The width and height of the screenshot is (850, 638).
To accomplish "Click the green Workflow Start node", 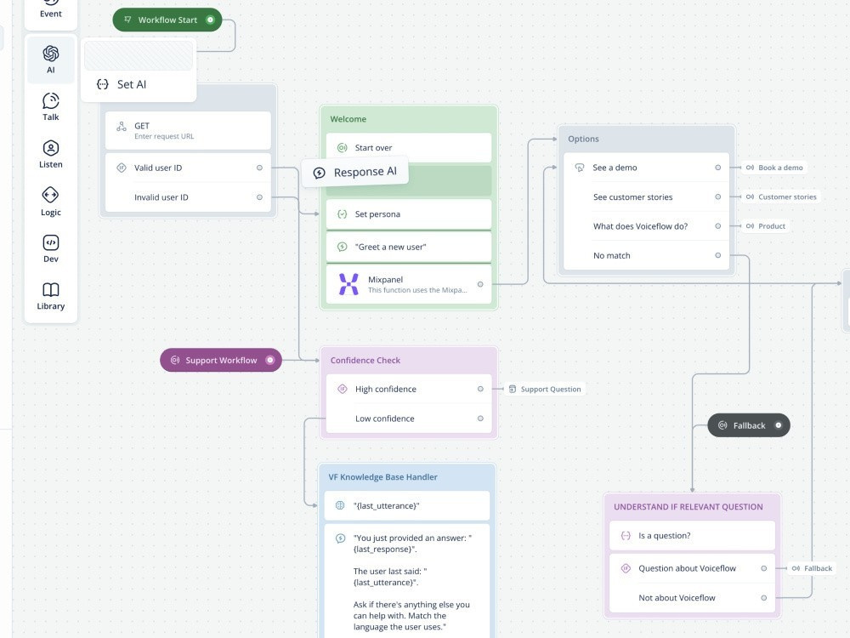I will point(167,20).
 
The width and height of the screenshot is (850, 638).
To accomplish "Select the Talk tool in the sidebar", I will point(51,107).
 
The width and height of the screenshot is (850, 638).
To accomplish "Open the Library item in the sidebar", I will point(51,296).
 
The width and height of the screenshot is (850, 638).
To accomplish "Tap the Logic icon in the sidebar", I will point(51,202).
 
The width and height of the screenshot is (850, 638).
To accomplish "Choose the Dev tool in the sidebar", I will point(51,248).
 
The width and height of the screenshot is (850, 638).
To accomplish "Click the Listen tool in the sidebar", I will point(51,154).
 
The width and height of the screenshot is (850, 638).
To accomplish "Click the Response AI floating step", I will point(355,173).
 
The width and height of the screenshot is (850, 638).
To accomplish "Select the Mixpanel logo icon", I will point(348,284).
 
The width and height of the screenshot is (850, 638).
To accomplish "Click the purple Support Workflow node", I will point(221,360).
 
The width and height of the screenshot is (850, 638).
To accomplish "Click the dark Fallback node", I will point(748,425).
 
